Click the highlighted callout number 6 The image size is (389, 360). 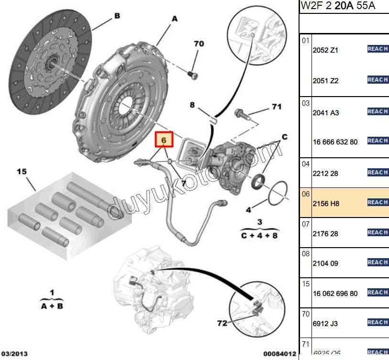pos(164,140)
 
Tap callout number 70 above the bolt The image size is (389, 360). pos(199,44)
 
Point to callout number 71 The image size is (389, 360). pos(277,107)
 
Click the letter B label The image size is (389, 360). pos(116,16)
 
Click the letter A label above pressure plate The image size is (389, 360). pos(174,19)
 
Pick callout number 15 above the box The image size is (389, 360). pos(21,171)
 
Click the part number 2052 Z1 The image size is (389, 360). pos(325,50)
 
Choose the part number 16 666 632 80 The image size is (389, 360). pos(334,142)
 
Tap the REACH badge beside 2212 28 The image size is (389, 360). pos(378,172)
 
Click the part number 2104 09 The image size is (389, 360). pos(325,263)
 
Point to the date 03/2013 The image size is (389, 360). pos(14,354)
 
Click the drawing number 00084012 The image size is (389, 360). pos(278,354)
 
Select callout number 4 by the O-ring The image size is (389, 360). pos(248,209)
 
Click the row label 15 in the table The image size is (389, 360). pos(306,284)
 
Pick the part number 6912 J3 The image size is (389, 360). pos(325,324)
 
